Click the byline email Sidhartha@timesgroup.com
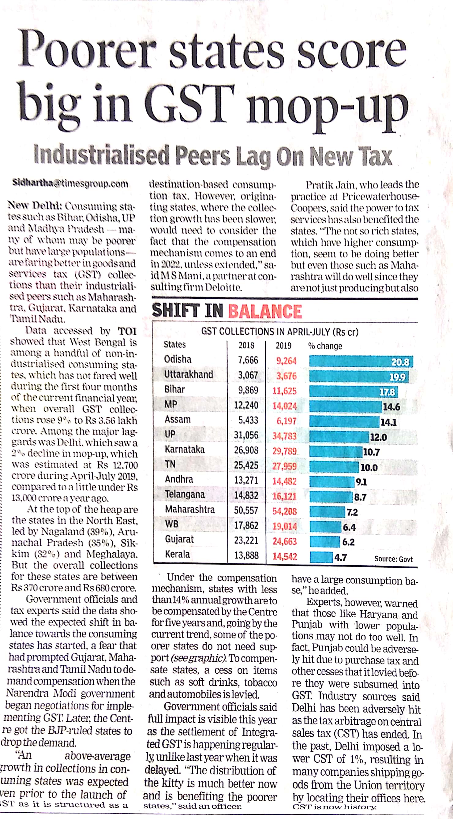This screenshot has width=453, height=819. (70, 183)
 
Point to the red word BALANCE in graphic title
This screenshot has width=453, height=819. (265, 311)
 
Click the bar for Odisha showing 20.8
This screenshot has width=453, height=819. (361, 362)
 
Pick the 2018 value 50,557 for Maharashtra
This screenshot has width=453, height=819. (246, 510)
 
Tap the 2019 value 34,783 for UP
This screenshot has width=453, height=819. (284, 436)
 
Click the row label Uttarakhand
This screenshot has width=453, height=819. (189, 375)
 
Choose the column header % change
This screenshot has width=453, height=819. (325, 346)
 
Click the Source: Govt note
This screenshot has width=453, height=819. (393, 559)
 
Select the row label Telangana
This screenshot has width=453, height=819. (185, 494)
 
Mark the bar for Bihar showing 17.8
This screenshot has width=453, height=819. (353, 392)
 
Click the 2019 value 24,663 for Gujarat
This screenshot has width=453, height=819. (284, 541)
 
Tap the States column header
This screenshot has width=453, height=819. (174, 345)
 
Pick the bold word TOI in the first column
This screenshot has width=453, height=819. (127, 331)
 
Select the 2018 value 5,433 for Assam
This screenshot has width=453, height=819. (248, 420)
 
